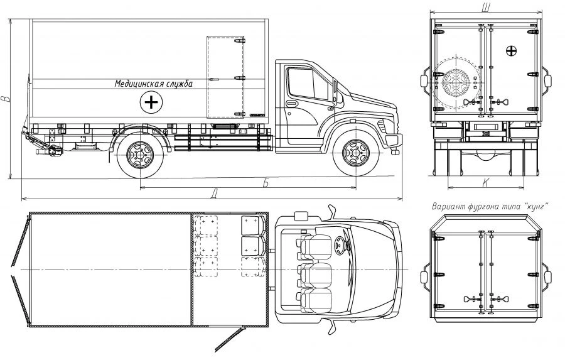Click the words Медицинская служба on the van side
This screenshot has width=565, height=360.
[x=154, y=84]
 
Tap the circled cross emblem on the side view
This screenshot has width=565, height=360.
[x=151, y=102]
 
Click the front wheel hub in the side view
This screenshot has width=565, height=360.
[x=356, y=153]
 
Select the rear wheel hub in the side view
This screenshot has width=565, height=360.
[x=140, y=155]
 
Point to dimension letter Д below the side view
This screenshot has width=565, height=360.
[x=214, y=195]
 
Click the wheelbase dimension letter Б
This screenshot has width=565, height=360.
[x=266, y=183]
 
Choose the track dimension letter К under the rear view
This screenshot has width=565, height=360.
[x=485, y=183]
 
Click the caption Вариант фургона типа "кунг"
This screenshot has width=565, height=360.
[x=490, y=207]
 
